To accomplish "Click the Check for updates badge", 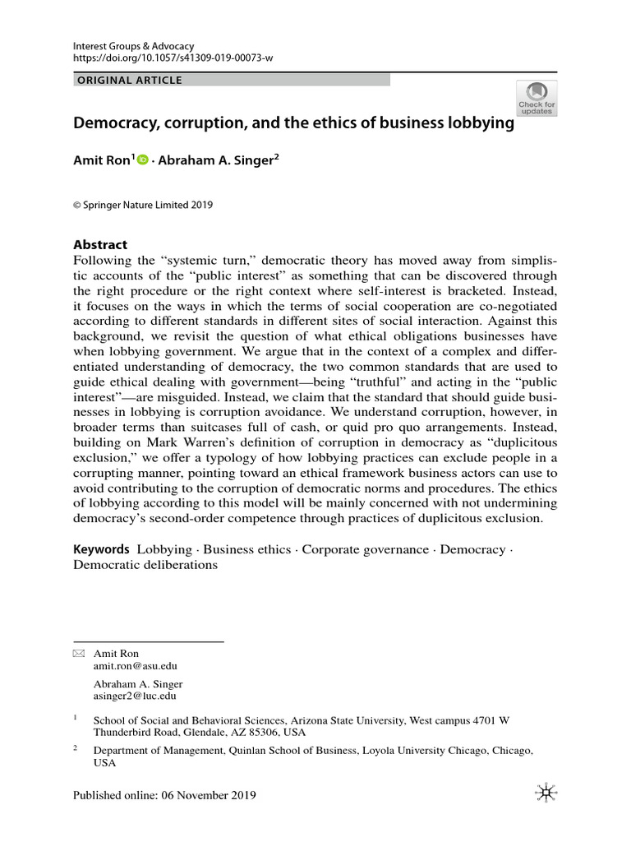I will tap(536, 98).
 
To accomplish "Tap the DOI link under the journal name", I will tap(173, 59).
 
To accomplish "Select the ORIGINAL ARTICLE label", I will tap(129, 80).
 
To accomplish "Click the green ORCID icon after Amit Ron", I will tap(141, 161).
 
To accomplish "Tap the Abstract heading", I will tap(101, 244).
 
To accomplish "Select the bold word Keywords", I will tap(101, 549).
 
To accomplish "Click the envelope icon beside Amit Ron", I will tap(79, 653).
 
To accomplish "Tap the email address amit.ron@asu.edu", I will tap(136, 666).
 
